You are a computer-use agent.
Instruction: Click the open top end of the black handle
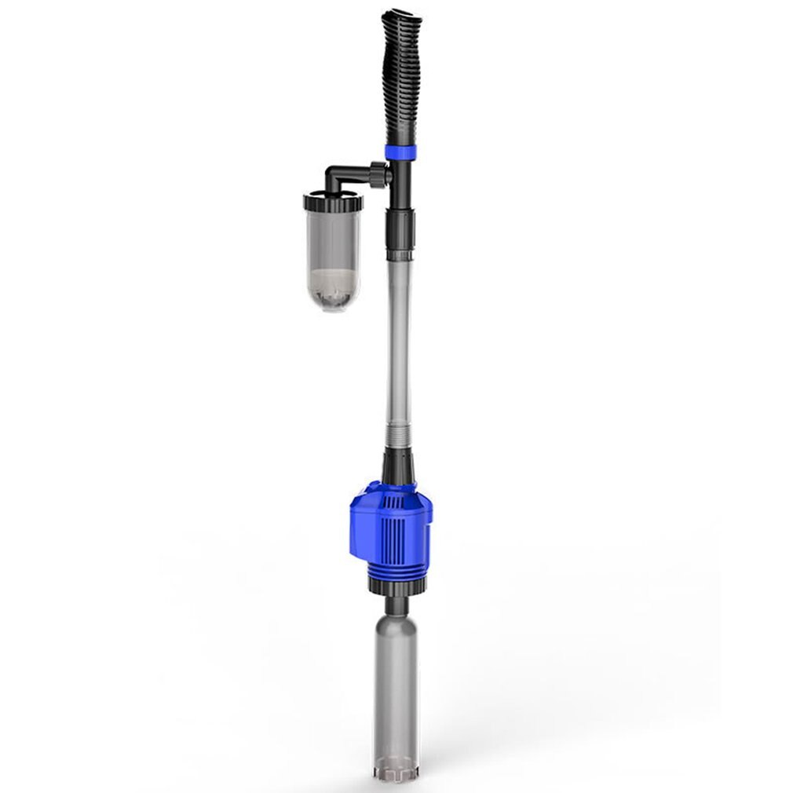[x=401, y=15]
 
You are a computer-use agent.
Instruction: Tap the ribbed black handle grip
[x=402, y=79]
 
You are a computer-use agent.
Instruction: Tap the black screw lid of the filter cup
[x=333, y=202]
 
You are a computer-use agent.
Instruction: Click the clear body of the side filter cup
[x=333, y=239]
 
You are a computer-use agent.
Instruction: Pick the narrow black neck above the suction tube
[x=396, y=604]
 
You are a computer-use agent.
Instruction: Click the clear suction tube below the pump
[x=396, y=683]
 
